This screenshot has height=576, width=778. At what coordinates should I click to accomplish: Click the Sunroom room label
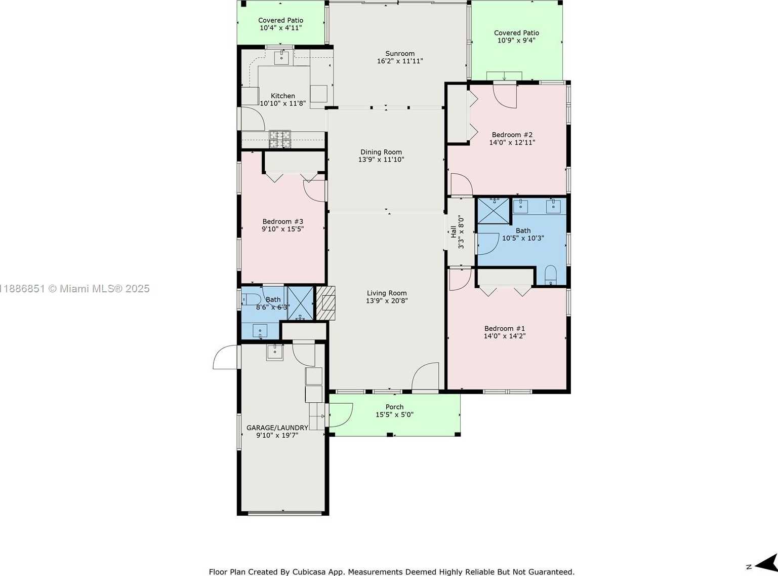[400, 54]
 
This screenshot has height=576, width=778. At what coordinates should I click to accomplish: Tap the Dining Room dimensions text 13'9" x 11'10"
[381, 160]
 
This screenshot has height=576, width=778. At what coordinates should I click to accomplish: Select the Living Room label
[387, 293]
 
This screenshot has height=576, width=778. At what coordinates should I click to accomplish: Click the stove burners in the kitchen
[280, 139]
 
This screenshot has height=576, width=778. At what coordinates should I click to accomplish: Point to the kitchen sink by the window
[281, 58]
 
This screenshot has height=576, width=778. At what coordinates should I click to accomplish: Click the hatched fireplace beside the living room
[326, 303]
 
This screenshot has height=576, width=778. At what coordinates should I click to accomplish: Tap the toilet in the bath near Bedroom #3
[252, 299]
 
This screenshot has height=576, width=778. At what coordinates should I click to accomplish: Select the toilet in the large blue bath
[550, 275]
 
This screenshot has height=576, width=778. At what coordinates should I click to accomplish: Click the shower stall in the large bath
[494, 211]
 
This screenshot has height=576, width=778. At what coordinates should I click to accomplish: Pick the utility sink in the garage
[275, 352]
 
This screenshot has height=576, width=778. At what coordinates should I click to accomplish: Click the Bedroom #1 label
[504, 328]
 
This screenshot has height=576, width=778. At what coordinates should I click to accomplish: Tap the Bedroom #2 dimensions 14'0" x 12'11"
[512, 142]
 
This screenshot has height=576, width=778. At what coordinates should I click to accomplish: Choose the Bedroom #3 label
[283, 221]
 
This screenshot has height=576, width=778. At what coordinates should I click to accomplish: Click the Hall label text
[453, 232]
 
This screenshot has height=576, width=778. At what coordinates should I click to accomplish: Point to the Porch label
[394, 407]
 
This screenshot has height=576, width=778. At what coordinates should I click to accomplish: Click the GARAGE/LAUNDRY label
[277, 428]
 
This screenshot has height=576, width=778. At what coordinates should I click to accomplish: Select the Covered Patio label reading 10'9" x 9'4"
[516, 41]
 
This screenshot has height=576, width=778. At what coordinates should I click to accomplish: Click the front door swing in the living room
[425, 376]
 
